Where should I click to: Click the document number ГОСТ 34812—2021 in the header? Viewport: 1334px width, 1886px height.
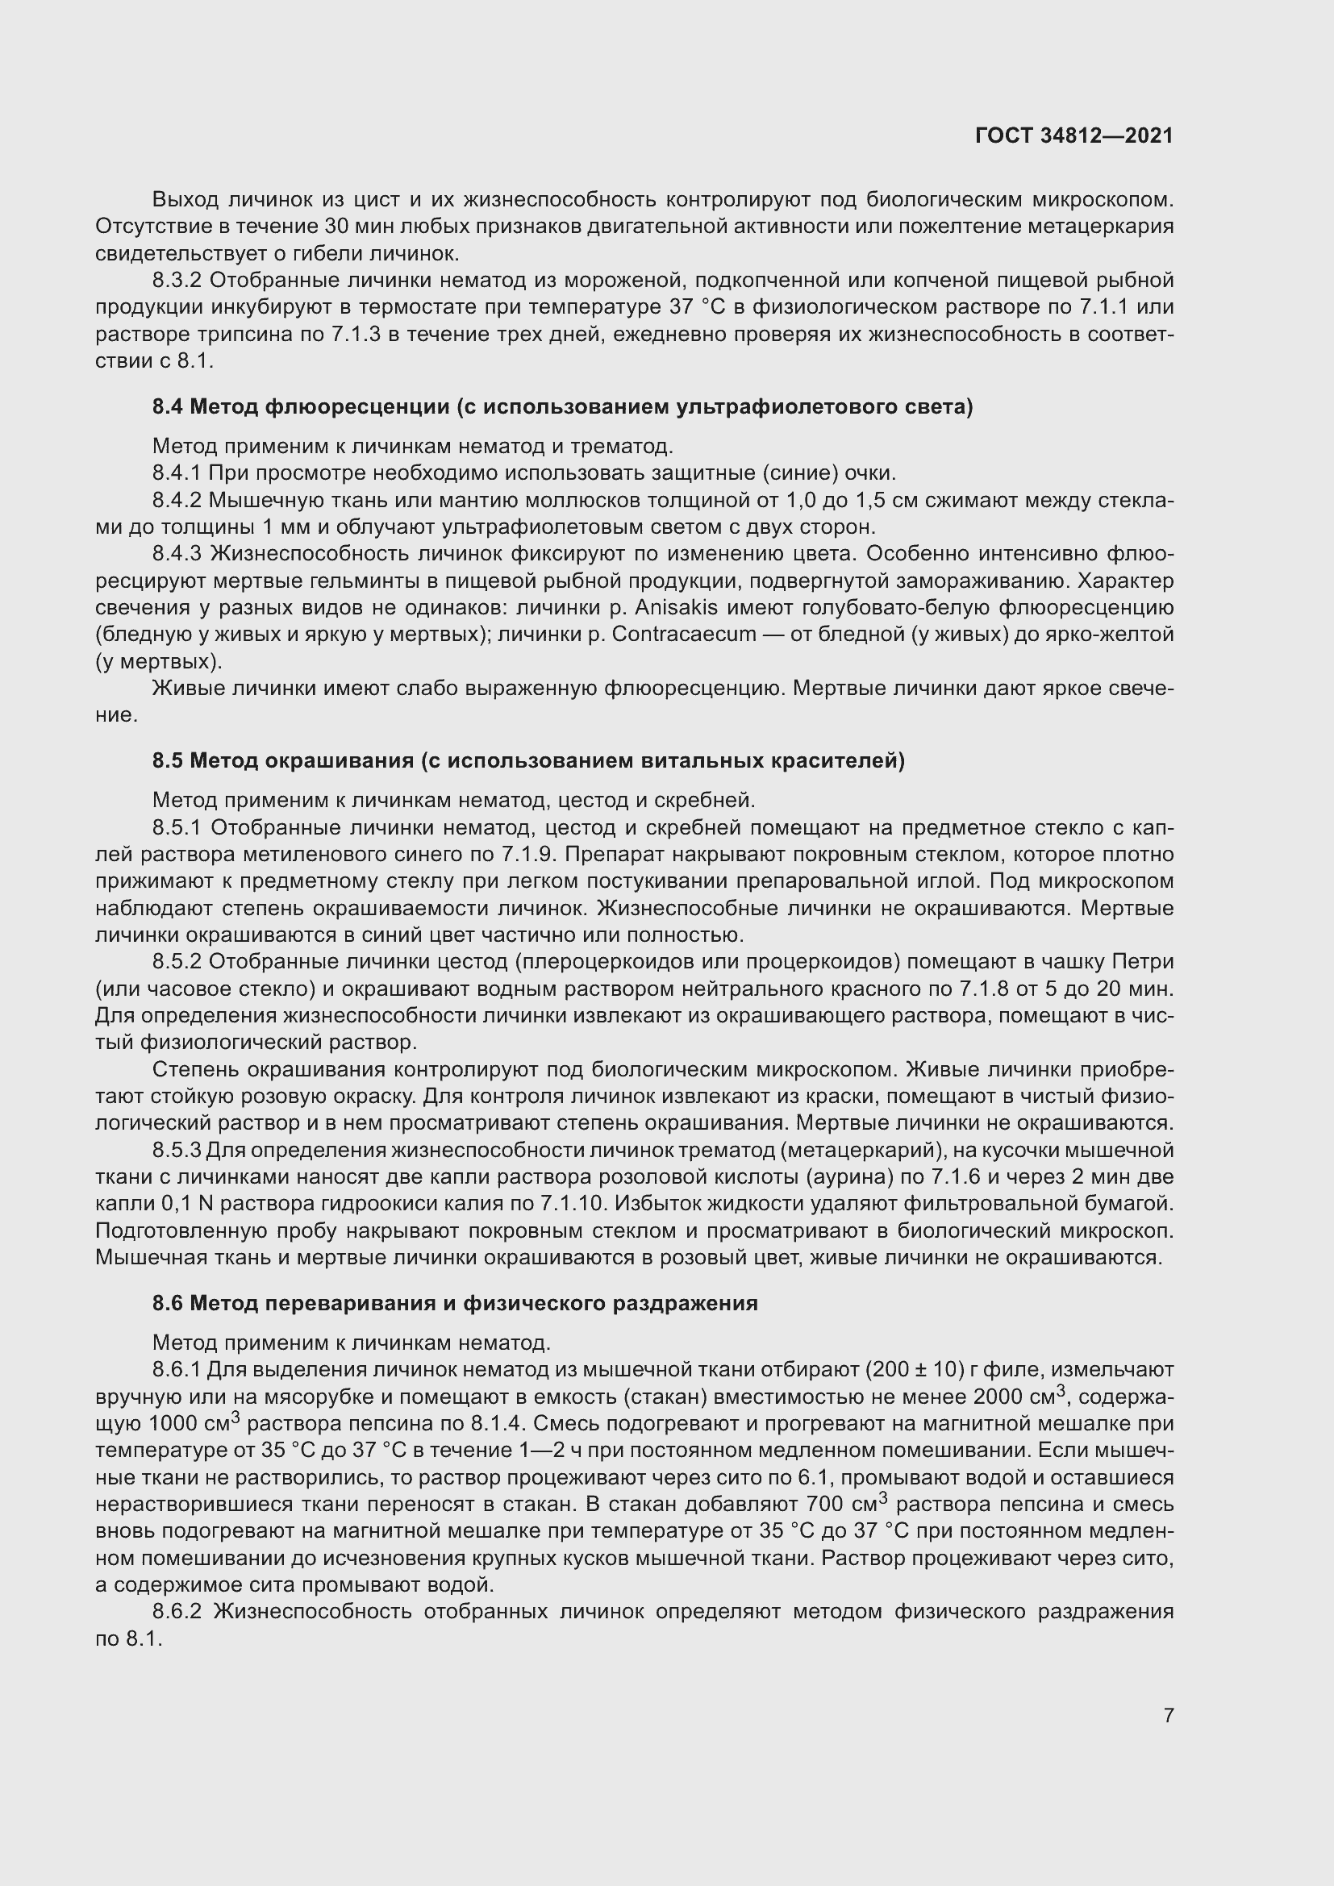click(1073, 136)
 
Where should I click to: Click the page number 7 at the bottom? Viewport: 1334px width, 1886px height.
click(1168, 1715)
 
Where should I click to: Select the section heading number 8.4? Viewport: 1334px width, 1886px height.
click(168, 407)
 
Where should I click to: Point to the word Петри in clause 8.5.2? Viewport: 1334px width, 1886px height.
click(1143, 962)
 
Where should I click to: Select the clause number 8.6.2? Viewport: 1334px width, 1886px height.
click(177, 1612)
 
